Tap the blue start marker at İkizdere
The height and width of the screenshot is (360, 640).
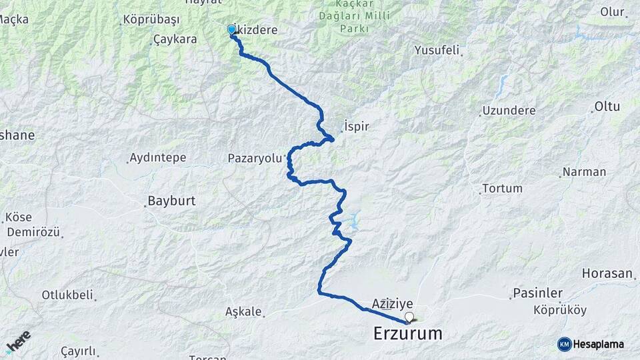232,29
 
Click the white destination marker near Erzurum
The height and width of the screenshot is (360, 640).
409,317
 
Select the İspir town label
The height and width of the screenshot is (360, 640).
356,126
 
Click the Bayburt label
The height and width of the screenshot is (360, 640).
170,201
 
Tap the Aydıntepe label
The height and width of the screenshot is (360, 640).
159,158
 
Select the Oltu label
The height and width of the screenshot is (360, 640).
607,106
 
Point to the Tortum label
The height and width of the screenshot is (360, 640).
502,189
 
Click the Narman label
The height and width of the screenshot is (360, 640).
583,172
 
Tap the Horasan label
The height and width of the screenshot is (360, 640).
607,274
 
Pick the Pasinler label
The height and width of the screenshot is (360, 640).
538,293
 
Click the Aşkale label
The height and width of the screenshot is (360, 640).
241,311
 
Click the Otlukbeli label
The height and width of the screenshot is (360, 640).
67,295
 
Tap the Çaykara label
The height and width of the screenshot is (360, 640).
175,39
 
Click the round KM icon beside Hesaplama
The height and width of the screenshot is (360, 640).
564,344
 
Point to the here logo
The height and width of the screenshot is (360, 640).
18,341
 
